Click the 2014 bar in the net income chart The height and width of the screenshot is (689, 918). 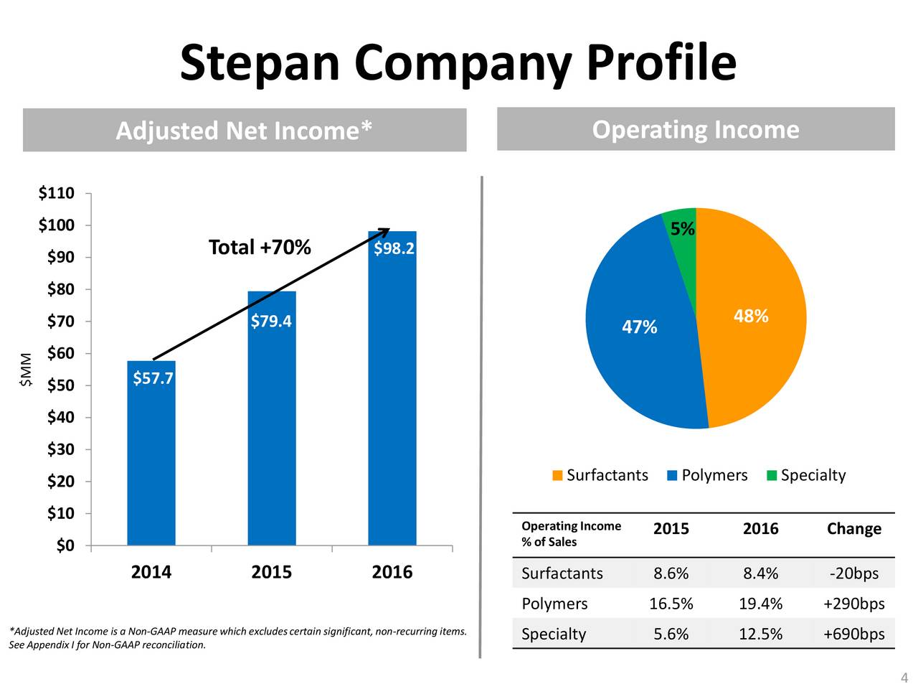pos(151,459)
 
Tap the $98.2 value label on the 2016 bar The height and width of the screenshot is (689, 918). pos(394,248)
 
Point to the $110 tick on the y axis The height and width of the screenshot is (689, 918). pos(56,193)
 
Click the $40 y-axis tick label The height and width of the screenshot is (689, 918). pos(60,418)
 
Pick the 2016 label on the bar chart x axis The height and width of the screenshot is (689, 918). pos(392,572)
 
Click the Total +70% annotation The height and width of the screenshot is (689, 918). pos(260,248)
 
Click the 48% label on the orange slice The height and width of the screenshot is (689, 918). pos(751,317)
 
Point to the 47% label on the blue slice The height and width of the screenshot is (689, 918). pos(639,327)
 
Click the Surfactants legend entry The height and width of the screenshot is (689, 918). pos(600,475)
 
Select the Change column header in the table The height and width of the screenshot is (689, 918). pos(853,529)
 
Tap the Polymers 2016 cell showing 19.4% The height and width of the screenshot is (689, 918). pos(760,604)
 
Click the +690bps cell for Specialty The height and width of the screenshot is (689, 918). pos(853,634)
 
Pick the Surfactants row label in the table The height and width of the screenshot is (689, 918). pos(562,573)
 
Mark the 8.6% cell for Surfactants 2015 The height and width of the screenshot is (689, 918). pos(671,573)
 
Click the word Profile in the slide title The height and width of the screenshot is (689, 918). pos(661,62)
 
